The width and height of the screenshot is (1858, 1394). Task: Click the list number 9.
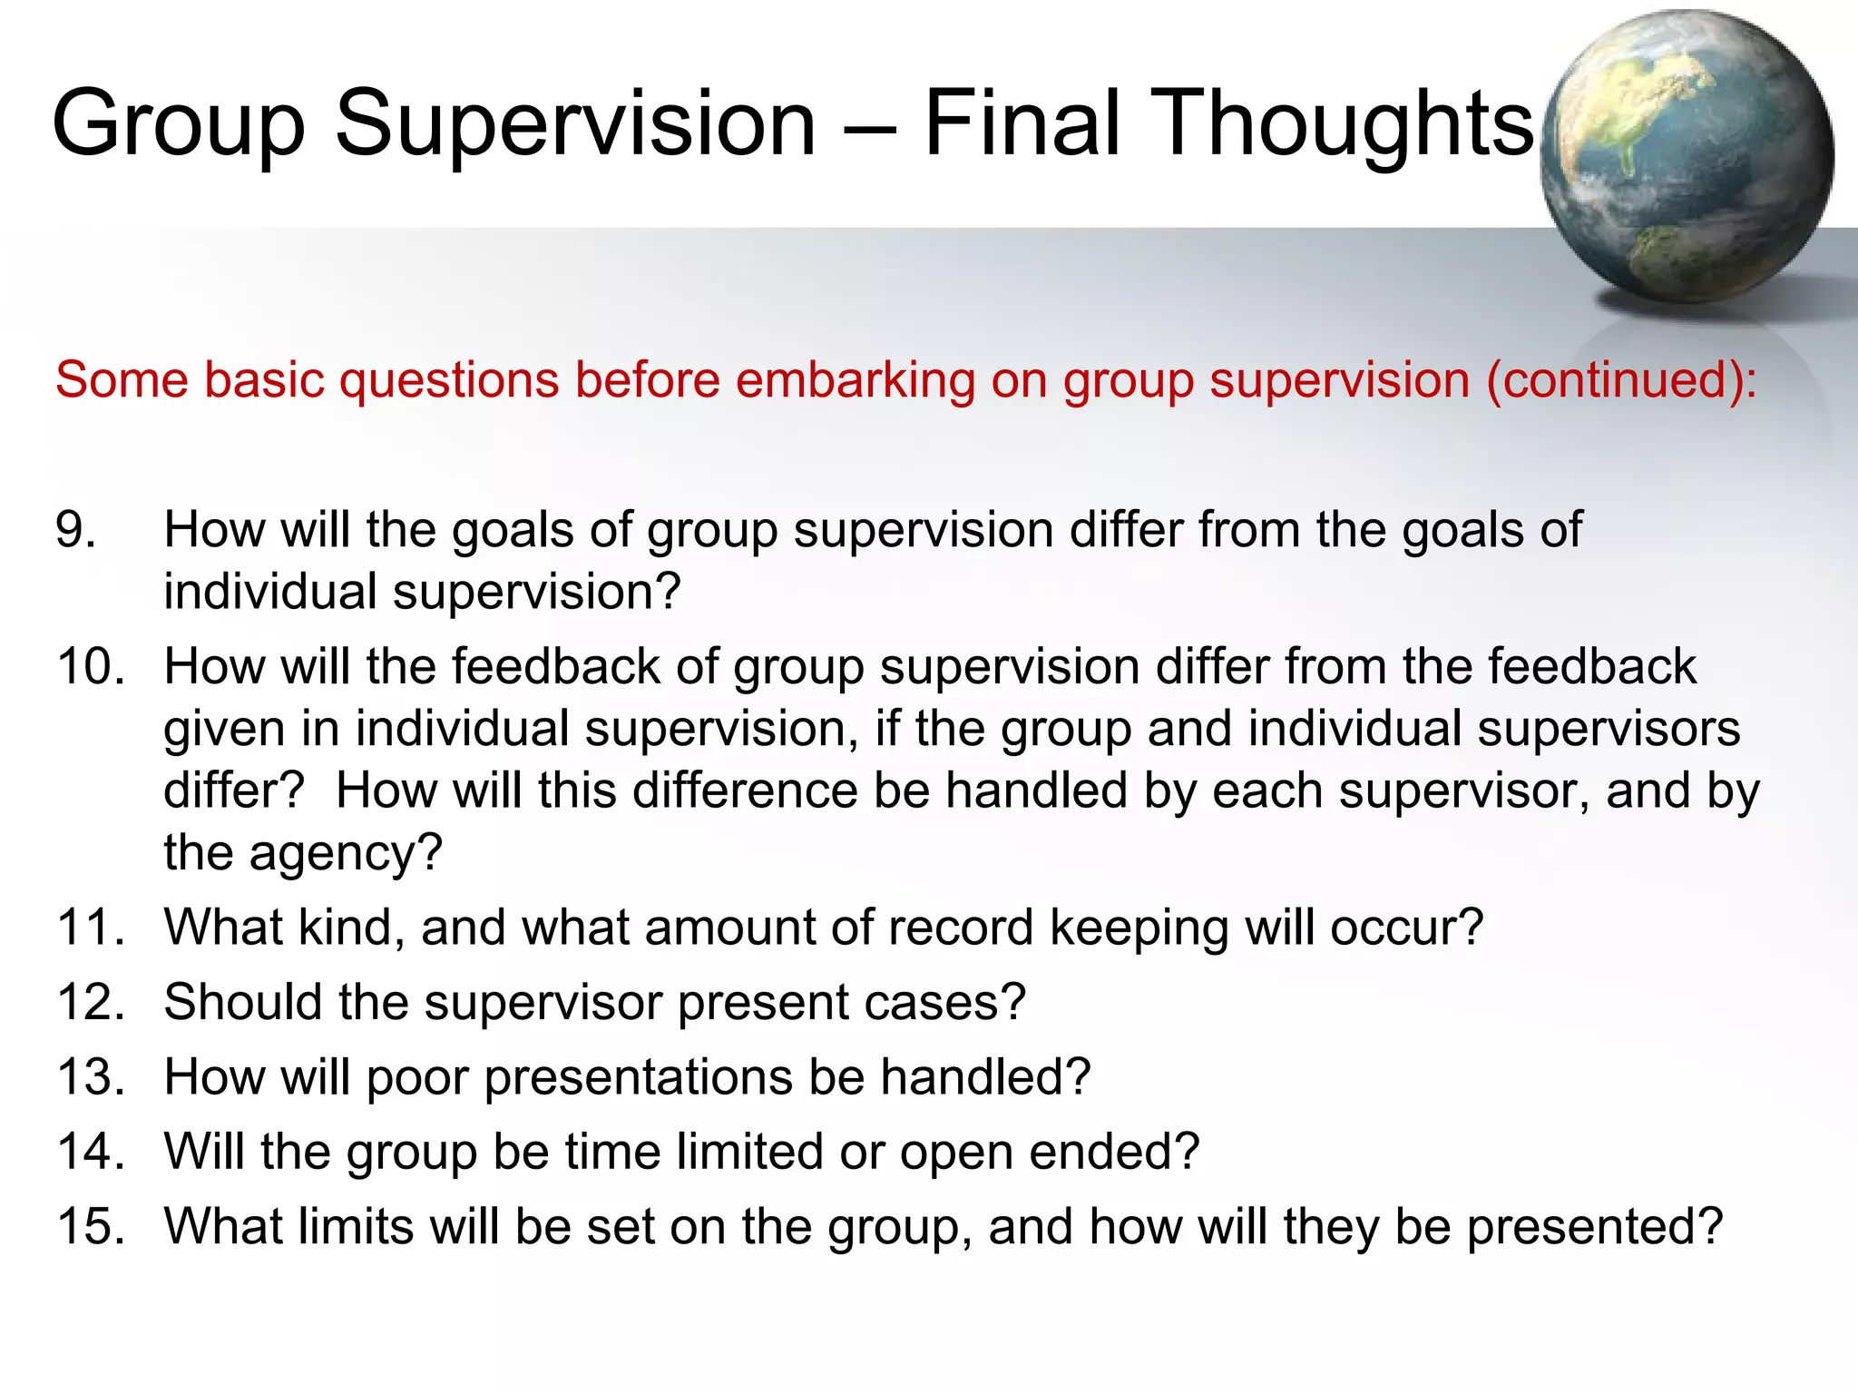pos(76,530)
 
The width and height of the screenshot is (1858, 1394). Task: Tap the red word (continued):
pos(1621,380)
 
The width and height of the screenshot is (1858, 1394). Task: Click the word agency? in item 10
pos(346,854)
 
